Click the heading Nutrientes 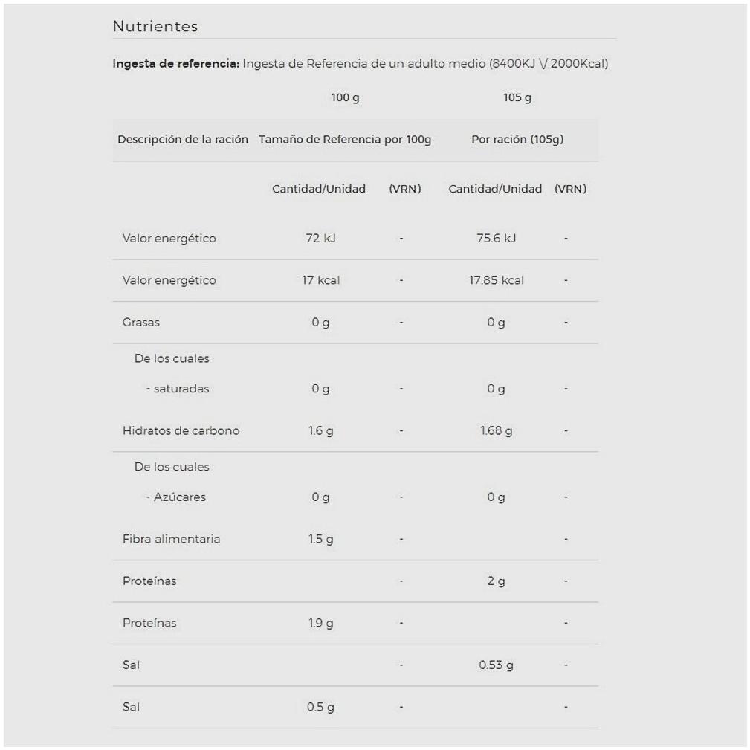point(155,27)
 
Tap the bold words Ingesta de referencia point(175,64)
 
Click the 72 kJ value point(320,239)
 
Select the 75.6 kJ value point(496,239)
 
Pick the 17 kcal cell point(320,280)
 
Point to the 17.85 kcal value point(496,280)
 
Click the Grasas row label point(141,323)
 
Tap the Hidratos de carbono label point(181,430)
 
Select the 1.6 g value point(320,430)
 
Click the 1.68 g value point(496,430)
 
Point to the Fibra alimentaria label point(171,539)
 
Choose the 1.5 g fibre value point(320,539)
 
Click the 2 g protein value point(496,581)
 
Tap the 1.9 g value point(320,623)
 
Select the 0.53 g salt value point(496,665)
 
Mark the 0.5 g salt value point(320,707)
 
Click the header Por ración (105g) point(517,140)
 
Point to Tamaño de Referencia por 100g point(345,140)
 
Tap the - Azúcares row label point(175,497)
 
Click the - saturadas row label point(177,389)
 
